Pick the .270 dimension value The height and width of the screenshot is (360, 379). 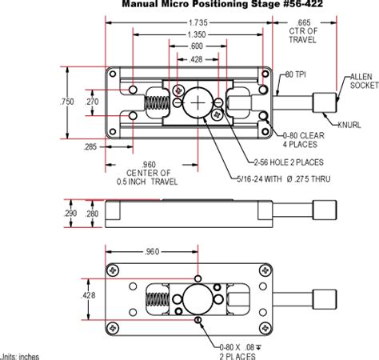93,102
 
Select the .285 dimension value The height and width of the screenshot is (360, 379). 90,146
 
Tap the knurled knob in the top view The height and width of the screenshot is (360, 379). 325,102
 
